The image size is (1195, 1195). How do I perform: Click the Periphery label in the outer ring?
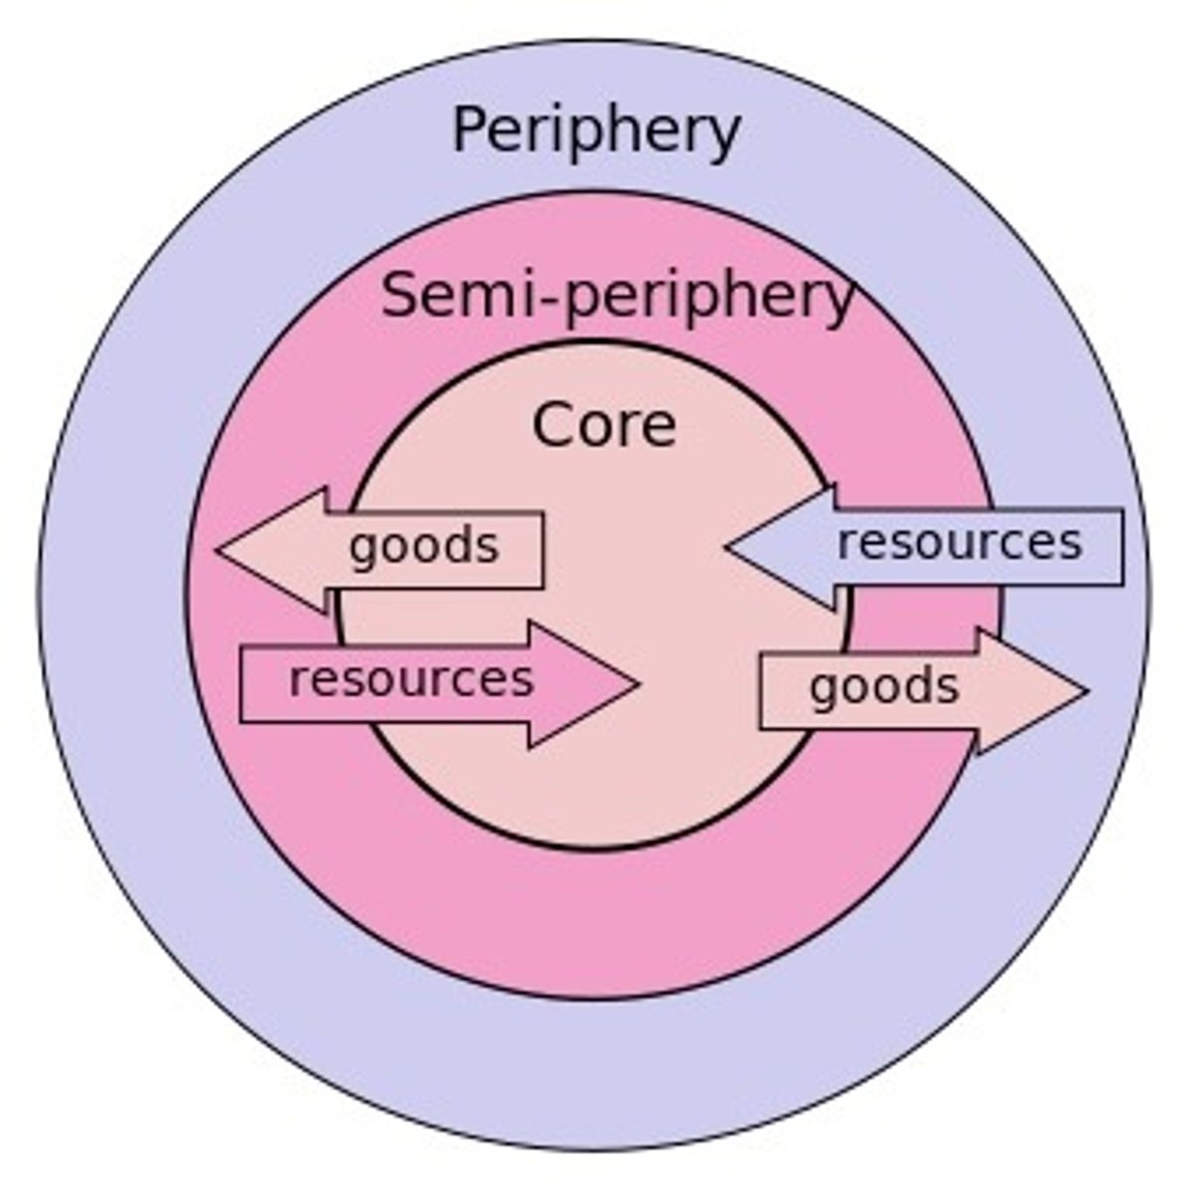point(596,131)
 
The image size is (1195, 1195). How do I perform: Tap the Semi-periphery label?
point(617,296)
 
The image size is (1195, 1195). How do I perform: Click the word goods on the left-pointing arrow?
point(423,547)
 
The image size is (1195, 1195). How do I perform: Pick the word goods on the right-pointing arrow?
point(883,687)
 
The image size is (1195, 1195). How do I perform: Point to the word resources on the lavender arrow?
point(959,543)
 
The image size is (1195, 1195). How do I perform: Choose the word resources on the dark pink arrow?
point(411,679)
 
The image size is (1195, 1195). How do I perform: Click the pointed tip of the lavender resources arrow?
point(728,546)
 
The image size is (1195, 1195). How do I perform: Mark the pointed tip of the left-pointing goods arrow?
point(218,549)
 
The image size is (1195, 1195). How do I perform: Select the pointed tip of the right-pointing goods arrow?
point(1086,689)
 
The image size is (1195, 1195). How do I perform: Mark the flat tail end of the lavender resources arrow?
point(1122,547)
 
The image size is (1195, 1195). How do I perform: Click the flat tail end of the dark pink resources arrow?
point(241,684)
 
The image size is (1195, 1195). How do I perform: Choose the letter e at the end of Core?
point(660,429)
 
